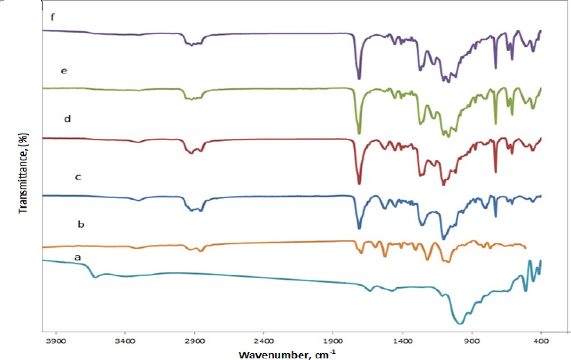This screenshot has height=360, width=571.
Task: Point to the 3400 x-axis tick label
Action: [x=125, y=341]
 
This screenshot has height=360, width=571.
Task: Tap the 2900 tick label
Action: [x=194, y=341]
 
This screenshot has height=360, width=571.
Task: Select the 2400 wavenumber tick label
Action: [x=264, y=341]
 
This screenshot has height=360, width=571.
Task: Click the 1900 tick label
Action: [x=333, y=341]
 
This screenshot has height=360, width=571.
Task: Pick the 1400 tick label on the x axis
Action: [x=402, y=341]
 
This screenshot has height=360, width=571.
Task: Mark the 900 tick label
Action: [x=472, y=341]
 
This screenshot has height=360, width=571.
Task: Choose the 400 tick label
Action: [x=541, y=341]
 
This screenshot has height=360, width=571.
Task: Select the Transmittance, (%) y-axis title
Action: [x=23, y=173]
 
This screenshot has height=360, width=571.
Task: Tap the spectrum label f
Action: [x=52, y=17]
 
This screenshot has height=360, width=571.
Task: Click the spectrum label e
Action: [x=64, y=71]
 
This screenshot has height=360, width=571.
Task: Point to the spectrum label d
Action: [x=67, y=119]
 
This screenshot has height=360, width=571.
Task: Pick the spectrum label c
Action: [x=78, y=177]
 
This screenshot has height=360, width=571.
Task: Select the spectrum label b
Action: [x=81, y=224]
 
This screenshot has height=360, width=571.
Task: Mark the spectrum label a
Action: [x=77, y=258]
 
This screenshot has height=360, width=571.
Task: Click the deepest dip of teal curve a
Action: [x=460, y=324]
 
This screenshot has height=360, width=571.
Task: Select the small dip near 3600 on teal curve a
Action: [x=95, y=277]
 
